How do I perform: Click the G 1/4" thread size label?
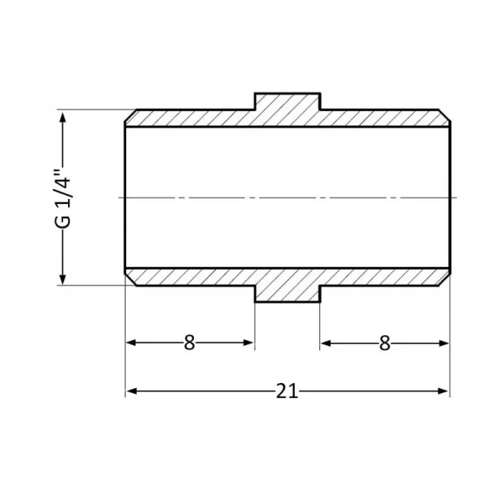pos(61,197)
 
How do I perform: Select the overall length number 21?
pos(287,391)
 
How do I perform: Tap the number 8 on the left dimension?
pos(189,343)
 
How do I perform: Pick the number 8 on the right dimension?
pos(385,343)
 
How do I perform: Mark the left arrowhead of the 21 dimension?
pos(133,391)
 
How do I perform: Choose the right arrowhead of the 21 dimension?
pos(443,391)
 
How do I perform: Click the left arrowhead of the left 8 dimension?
pos(133,343)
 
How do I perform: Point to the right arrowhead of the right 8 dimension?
pos(443,343)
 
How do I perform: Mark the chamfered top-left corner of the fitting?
pos(130,116)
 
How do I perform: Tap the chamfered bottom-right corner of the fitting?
pos(445,279)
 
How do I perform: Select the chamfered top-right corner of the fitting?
pos(445,116)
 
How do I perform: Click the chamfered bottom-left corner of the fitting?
pos(130,279)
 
